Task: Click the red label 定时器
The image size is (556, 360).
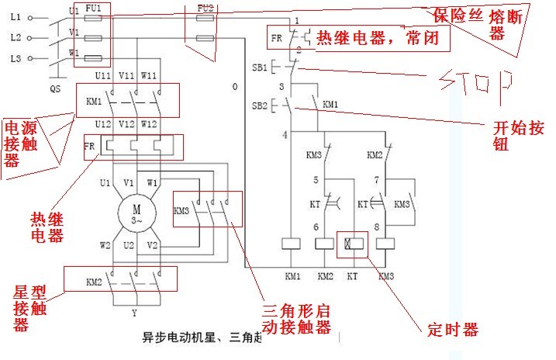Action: pyautogui.click(x=453, y=330)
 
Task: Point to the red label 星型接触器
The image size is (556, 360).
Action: pyautogui.click(x=31, y=309)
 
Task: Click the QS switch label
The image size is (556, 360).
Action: pyautogui.click(x=55, y=88)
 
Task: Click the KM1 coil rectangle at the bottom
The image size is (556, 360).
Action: pyautogui.click(x=292, y=243)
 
